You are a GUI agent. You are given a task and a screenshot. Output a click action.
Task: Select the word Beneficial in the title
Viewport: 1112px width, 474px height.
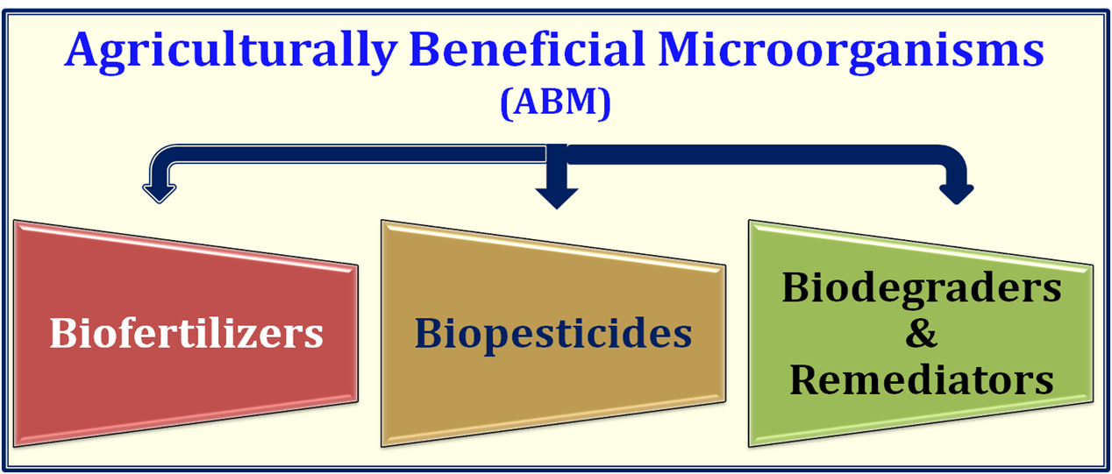527,49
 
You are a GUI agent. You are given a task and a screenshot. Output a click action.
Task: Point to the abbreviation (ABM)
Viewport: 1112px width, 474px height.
555,103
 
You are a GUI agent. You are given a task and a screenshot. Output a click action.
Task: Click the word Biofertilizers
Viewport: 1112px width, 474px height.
186,332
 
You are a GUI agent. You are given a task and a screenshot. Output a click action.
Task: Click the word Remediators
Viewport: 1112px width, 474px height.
922,379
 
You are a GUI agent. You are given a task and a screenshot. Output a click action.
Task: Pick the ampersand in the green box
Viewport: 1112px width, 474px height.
922,334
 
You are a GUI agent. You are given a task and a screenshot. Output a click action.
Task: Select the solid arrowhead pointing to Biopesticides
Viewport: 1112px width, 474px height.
557,198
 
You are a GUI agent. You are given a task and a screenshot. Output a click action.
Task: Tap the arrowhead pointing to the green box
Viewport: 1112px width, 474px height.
957,194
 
